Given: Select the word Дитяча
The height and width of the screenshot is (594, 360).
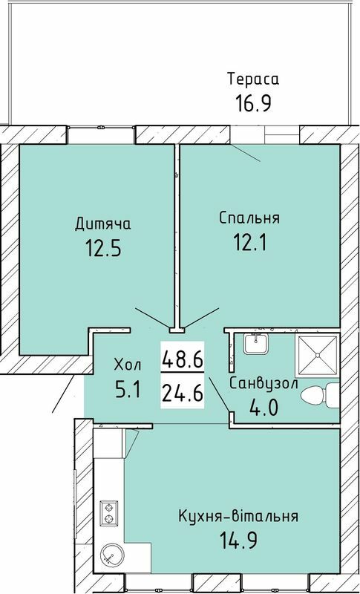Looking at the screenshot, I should (103, 223).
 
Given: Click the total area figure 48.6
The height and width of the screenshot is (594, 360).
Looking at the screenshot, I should (182, 361).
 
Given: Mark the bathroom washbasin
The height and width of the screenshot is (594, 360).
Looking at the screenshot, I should (257, 344).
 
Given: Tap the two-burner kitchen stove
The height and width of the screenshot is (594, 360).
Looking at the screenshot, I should (110, 510).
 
